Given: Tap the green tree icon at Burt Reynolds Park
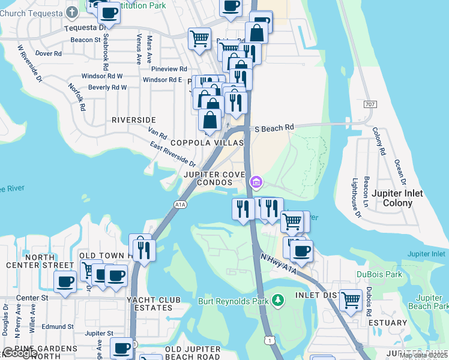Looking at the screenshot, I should (x=277, y=299).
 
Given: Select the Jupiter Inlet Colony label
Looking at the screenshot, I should (x=397, y=198).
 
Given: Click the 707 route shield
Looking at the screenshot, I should (x=370, y=104).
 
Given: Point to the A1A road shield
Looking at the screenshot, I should (x=181, y=205).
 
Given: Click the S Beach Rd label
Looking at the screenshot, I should (x=274, y=128).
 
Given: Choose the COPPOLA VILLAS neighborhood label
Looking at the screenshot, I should (x=208, y=143).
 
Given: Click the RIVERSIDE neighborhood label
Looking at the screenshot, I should (x=134, y=120).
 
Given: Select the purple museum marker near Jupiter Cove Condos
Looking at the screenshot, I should (x=256, y=182).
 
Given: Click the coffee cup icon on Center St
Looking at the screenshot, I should (x=65, y=280).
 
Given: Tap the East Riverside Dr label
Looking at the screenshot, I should (x=173, y=155).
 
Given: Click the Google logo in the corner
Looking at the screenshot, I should (x=19, y=353).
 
